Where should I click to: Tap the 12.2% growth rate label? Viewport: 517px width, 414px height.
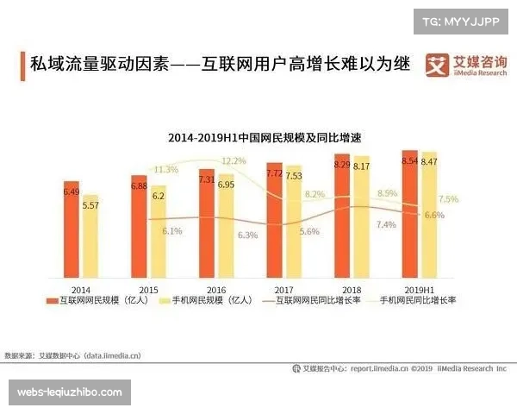point(234,160)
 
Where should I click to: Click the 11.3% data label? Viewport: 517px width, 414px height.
point(165,169)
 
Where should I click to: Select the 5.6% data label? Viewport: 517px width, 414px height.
point(309,231)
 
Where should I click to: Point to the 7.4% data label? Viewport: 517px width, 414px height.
point(386,224)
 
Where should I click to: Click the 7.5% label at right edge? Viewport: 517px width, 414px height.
point(448,199)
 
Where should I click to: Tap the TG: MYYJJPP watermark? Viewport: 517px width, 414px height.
point(460,21)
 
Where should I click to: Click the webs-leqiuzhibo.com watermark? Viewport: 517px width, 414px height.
point(73,392)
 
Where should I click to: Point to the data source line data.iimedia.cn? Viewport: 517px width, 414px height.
point(73,354)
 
